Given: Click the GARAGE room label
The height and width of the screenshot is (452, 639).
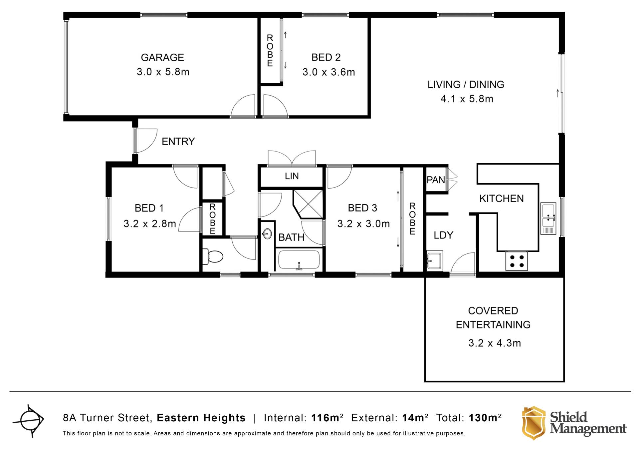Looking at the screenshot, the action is tap(162, 58).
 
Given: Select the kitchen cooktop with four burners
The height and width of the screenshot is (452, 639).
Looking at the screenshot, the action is tap(517, 261).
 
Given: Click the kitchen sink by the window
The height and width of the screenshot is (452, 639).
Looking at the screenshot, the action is tap(548, 218).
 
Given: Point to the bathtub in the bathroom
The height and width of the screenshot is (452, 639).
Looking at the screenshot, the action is tap(299, 260).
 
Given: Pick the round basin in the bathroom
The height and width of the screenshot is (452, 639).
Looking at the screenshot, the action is tap(267, 234).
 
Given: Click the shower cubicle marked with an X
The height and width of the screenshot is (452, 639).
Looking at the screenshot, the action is tap(308, 204).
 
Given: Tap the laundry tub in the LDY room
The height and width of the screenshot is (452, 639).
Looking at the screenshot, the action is tap(435, 260).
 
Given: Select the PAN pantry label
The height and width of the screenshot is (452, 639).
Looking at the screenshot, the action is tap(436, 180).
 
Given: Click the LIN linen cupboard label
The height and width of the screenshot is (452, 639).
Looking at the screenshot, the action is tap(292, 176).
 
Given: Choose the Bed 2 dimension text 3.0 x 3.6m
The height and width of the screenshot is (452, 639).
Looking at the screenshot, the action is tap(328, 72).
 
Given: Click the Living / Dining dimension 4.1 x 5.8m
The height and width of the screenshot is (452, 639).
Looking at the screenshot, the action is tap(467, 99).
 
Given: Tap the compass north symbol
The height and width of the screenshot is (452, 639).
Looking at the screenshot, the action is tap(29, 420).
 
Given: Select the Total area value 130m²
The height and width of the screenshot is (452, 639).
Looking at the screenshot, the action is tap(485, 417).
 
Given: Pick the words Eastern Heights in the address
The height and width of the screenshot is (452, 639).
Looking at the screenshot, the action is tap(201, 418).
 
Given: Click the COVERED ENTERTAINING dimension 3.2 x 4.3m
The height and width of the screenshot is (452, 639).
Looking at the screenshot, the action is tap(495, 343).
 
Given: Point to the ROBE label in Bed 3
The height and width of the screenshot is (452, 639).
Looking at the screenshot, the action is tap(412, 219).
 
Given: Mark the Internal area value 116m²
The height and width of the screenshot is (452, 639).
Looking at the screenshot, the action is tap(327, 417).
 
